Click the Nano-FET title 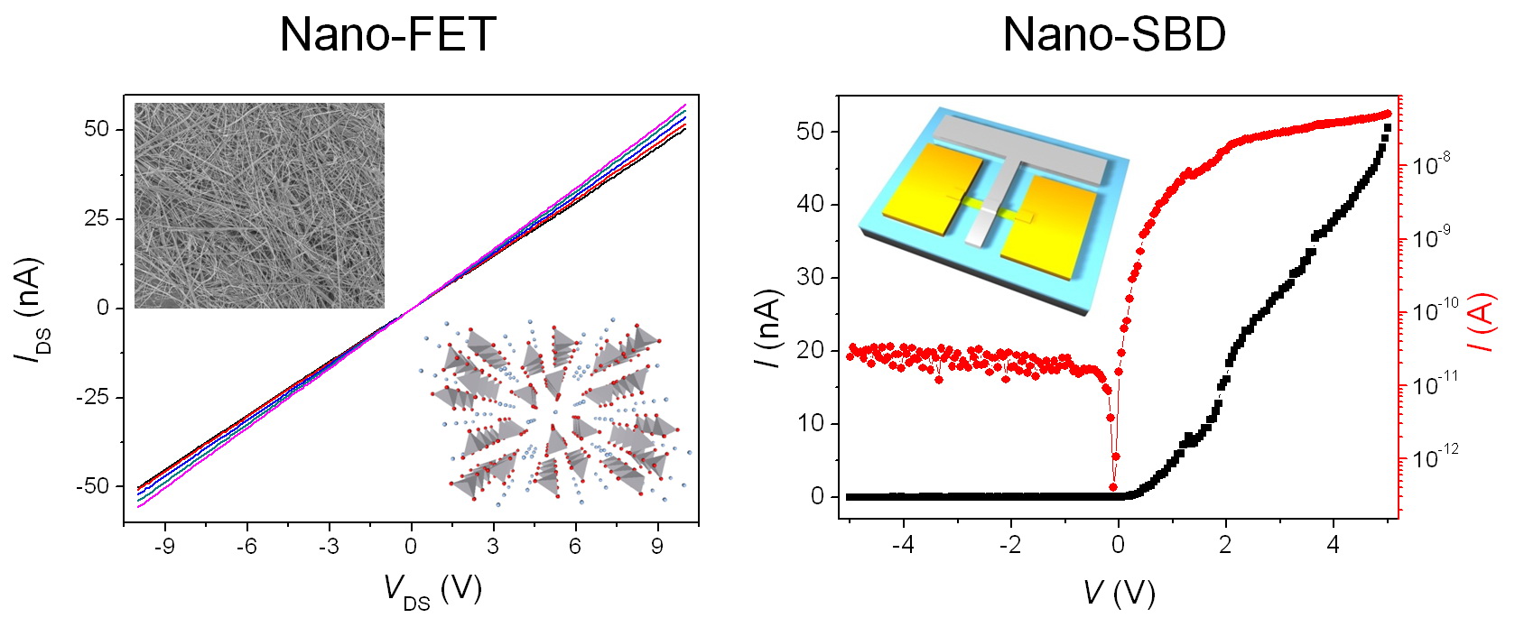pos(388,35)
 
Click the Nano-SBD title pos(1114,35)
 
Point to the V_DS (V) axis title pos(432,591)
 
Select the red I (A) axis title pos(1482,322)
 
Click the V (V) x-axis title pos(1119,593)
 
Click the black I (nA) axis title pos(767,328)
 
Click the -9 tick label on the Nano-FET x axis pos(163,547)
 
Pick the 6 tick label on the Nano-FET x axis pos(575,547)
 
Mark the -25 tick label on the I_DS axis pos(92,397)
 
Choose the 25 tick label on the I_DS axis pos(96,218)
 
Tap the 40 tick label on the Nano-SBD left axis pos(810,204)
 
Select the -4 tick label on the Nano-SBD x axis pos(902,545)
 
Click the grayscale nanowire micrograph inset pos(259,206)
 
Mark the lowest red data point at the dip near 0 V pos(1113,487)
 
